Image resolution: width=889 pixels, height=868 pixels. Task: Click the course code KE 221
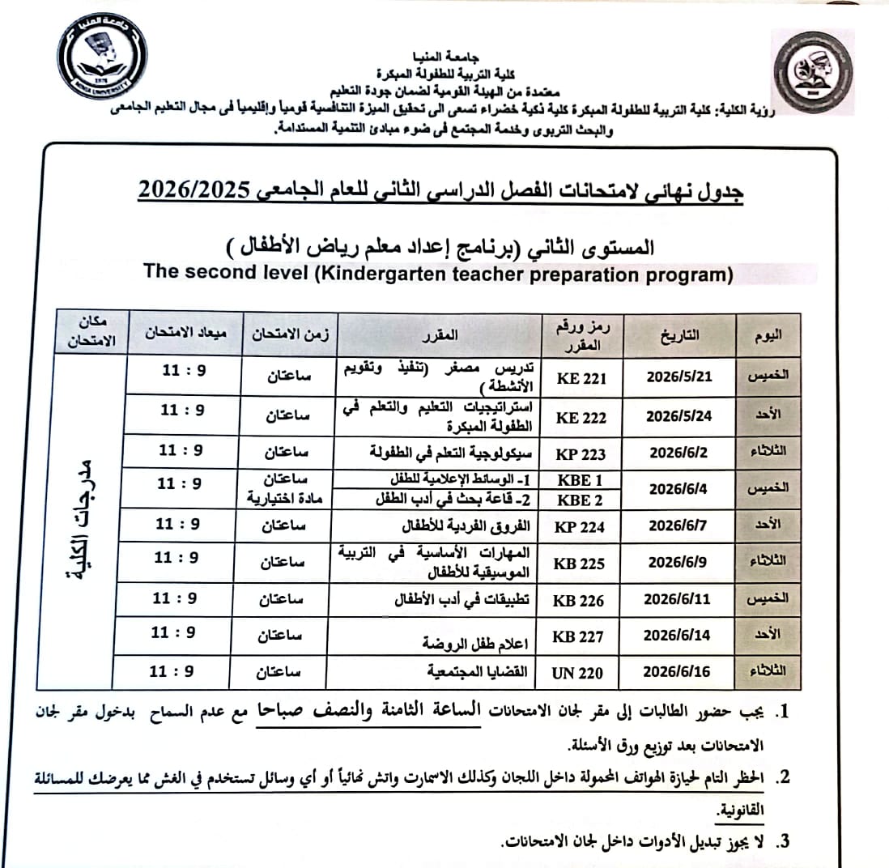pos(582,378)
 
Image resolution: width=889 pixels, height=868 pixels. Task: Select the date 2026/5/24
pos(678,417)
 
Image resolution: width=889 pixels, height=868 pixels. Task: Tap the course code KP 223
pos(580,454)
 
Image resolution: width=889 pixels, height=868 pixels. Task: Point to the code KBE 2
pos(580,500)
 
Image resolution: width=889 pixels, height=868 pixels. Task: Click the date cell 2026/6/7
pos(678,525)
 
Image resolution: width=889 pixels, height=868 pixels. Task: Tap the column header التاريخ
pos(681,334)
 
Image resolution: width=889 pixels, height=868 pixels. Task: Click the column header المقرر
pos(441,334)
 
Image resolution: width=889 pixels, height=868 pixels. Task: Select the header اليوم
pos(768,334)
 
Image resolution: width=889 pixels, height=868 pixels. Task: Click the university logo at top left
pos(103,56)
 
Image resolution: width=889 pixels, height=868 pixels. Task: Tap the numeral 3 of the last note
pos(781,842)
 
